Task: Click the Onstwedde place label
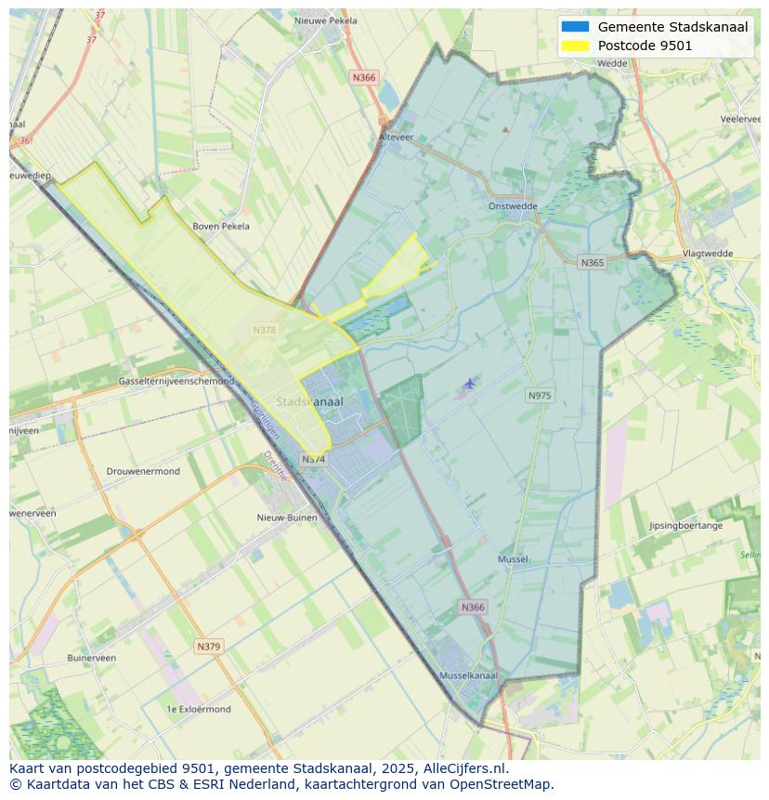pos(513,206)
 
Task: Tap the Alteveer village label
pos(396,137)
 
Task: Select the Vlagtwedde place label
pos(708,253)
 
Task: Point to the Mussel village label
pos(513,559)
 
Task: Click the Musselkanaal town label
pos(468,675)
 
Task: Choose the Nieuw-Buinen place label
pos(287,518)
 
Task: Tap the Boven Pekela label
pos(221,226)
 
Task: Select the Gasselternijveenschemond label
pos(176,381)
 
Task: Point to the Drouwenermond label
pos(143,471)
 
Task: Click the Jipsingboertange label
pos(685,526)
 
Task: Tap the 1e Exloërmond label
pos(199,709)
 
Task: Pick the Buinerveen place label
pos(91,658)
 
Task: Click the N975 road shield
pos(540,396)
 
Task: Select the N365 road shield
pos(592,263)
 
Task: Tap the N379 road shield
pos(209,646)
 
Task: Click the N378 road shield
pos(264,330)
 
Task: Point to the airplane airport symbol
pos(470,383)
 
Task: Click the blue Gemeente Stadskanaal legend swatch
pos(575,27)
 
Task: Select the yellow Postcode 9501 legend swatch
pos(575,46)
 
